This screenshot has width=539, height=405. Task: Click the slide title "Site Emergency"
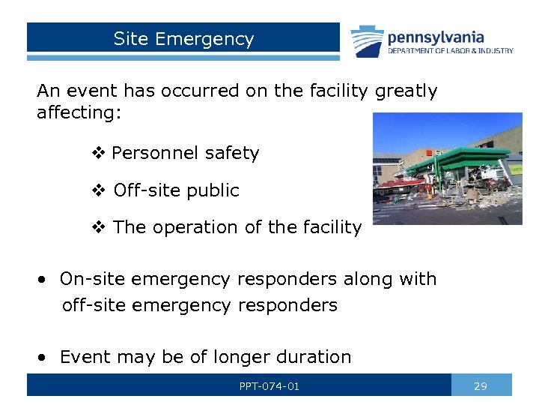tap(183, 39)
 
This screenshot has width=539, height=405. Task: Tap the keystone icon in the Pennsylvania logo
tap(367, 40)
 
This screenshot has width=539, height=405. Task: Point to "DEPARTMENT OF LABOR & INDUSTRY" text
tap(450, 51)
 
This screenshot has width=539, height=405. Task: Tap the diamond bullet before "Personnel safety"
tap(97, 154)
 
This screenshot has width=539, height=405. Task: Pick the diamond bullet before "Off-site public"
tap(97, 191)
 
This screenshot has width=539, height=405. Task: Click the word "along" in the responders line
tap(368, 279)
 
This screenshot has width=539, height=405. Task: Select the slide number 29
tap(481, 386)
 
